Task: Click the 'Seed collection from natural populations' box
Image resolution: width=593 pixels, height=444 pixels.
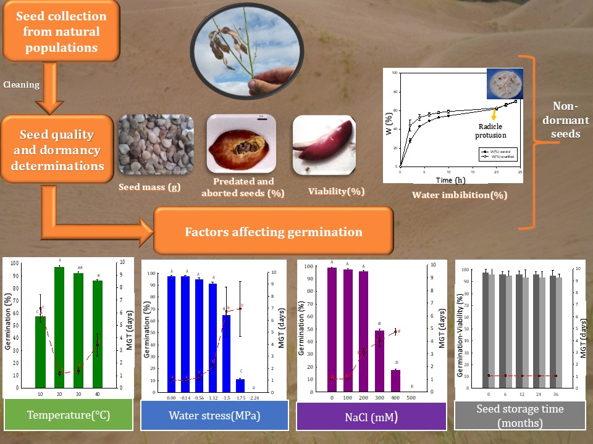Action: click(61, 31)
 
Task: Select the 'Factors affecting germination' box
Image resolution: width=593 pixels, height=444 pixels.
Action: click(273, 232)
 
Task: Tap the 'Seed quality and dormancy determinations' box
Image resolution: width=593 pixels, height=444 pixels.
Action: click(57, 150)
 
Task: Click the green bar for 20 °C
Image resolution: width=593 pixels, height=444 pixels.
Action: click(60, 327)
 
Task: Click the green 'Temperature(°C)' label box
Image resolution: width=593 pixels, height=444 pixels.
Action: click(68, 415)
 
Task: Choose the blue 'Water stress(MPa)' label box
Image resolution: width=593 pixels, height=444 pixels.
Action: click(214, 415)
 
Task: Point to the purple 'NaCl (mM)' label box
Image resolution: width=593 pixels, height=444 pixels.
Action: click(371, 417)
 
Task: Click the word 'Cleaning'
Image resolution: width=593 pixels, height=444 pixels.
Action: click(22, 84)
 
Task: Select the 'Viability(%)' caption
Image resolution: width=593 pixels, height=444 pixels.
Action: click(336, 191)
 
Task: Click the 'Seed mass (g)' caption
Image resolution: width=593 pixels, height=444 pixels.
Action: click(149, 186)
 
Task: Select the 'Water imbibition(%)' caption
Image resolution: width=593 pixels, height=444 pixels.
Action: click(460, 195)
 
